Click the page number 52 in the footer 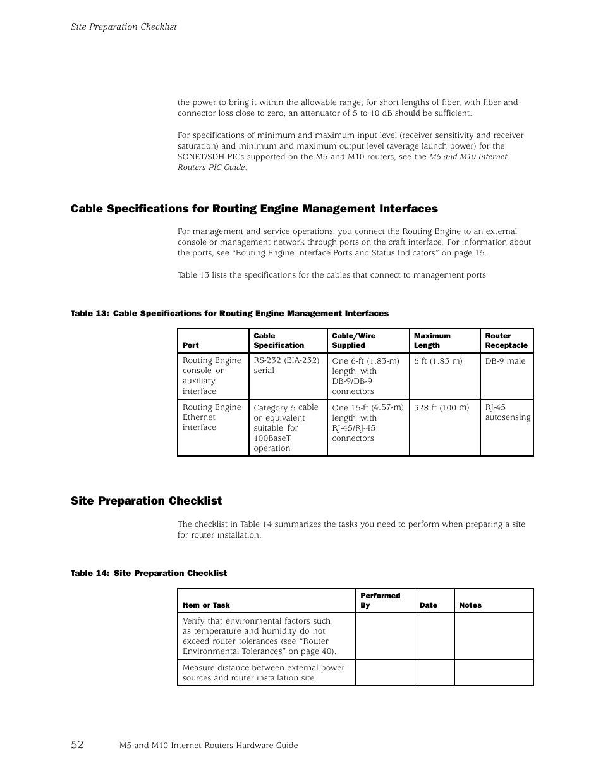pyautogui.click(x=77, y=744)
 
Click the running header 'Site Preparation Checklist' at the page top pyautogui.click(x=123, y=27)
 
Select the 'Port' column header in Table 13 pyautogui.click(x=191, y=345)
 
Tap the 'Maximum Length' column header pyautogui.click(x=432, y=340)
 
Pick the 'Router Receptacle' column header pyautogui.click(x=506, y=340)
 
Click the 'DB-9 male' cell pyautogui.click(x=505, y=360)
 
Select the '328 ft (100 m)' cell pyautogui.click(x=441, y=407)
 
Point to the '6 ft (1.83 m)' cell pyautogui.click(x=438, y=360)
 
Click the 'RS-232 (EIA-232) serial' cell pyautogui.click(x=286, y=366)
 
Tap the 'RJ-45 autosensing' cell pyautogui.click(x=508, y=412)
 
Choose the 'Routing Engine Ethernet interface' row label pyautogui.click(x=212, y=417)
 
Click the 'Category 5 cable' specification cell pyautogui.click(x=286, y=427)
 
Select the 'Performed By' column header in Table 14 pyautogui.click(x=380, y=600)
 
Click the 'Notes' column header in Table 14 pyautogui.click(x=470, y=605)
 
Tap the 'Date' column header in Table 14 pyautogui.click(x=429, y=605)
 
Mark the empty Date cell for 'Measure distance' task pyautogui.click(x=434, y=672)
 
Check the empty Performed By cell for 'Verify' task pyautogui.click(x=385, y=636)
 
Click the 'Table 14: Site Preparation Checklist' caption pyautogui.click(x=149, y=573)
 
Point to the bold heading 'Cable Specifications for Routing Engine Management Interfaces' pyautogui.click(x=254, y=209)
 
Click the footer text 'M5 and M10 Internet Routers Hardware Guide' pyautogui.click(x=209, y=746)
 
